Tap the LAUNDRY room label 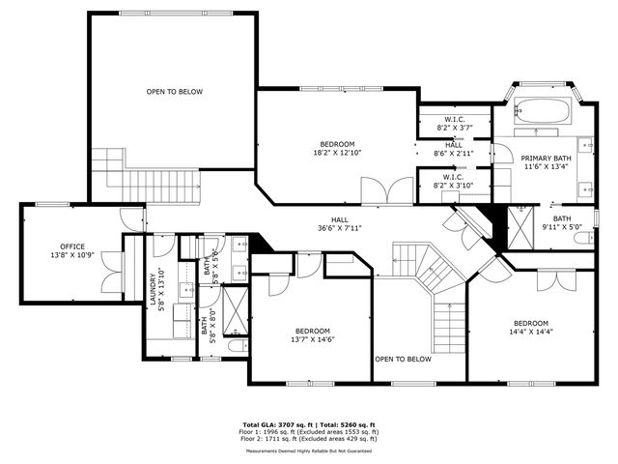[x=152, y=293]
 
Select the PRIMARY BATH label [x=546, y=159]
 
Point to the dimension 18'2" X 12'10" [x=337, y=153]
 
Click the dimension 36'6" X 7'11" [x=338, y=229]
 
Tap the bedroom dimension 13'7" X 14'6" [x=311, y=339]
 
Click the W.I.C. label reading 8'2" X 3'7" [x=453, y=128]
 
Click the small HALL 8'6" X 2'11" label [x=453, y=153]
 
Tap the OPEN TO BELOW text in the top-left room [x=174, y=92]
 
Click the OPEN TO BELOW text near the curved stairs [x=402, y=359]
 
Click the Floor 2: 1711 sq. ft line [x=309, y=439]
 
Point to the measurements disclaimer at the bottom [x=309, y=451]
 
